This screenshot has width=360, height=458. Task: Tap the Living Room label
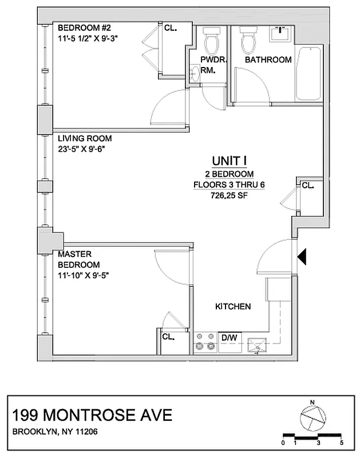[x=85, y=139]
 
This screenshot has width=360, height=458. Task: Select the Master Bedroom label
[x=72, y=254]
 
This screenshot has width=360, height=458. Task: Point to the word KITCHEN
[x=233, y=307]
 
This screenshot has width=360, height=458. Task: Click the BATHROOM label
[x=268, y=60]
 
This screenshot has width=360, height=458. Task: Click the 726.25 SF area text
[x=229, y=194]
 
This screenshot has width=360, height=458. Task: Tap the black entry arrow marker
[x=303, y=256]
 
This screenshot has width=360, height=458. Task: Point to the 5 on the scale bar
[x=341, y=443]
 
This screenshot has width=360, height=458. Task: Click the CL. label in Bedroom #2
[x=170, y=27]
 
